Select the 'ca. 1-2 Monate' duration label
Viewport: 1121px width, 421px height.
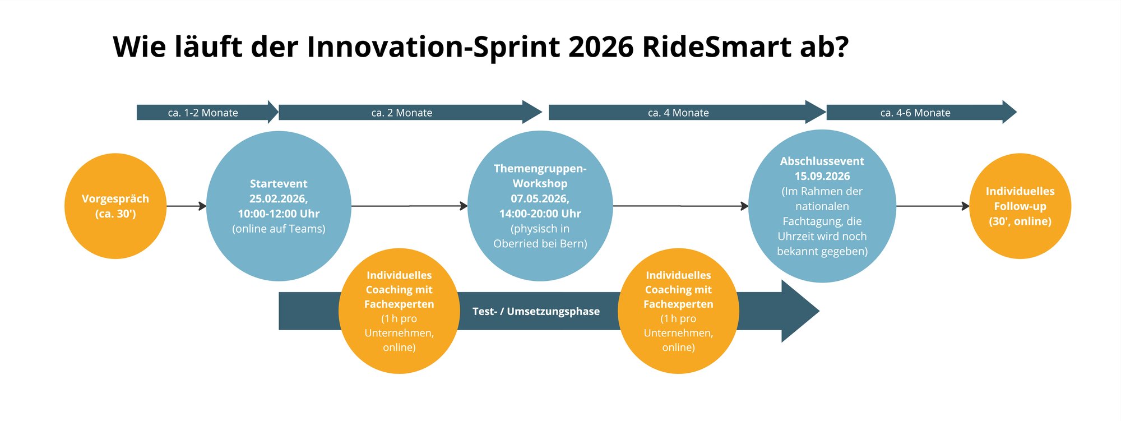[x=203, y=113]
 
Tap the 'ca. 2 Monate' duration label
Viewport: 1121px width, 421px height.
[x=401, y=113]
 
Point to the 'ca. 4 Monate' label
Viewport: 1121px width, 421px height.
[x=678, y=113]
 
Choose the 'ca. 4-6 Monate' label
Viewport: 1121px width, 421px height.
[x=915, y=113]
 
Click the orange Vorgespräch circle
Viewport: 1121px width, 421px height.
[x=115, y=206]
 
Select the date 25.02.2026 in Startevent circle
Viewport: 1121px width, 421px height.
[x=279, y=198]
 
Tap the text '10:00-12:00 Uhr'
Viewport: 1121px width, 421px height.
[x=279, y=214]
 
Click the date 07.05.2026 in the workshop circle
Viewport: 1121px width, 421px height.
[x=540, y=198]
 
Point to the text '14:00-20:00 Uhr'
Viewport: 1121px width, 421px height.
[x=540, y=214]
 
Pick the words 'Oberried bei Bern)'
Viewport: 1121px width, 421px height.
[x=540, y=244]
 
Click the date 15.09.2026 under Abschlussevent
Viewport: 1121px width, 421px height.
[x=822, y=176]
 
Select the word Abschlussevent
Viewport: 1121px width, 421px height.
[x=822, y=161]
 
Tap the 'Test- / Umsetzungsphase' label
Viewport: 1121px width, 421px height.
[x=536, y=312]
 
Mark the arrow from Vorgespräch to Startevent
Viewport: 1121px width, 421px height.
[x=186, y=206]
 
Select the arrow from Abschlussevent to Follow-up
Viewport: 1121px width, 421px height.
[x=933, y=206]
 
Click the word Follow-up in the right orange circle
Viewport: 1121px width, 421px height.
[x=1020, y=206]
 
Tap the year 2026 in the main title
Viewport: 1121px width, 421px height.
[x=601, y=47]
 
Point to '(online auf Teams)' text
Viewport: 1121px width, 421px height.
[x=279, y=229]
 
